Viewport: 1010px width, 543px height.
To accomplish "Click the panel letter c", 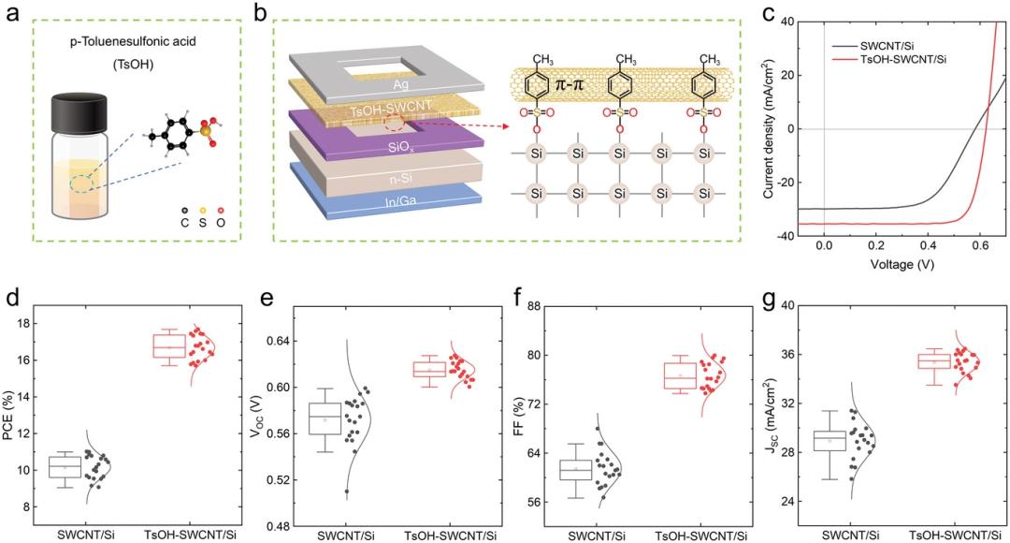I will [x=769, y=15].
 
